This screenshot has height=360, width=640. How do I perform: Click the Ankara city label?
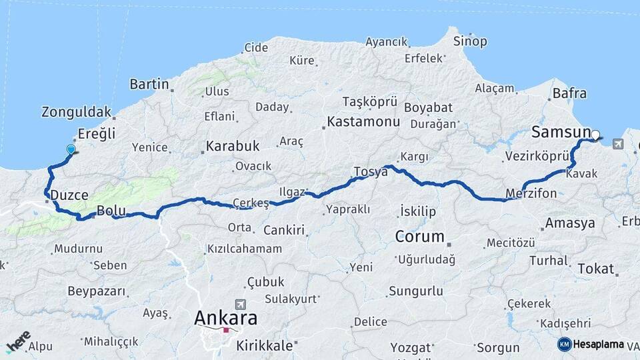(x=225, y=317)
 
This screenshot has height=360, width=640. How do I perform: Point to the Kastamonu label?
(x=363, y=122)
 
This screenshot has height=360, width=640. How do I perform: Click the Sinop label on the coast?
(x=470, y=41)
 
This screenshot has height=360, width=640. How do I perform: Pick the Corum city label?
(x=419, y=236)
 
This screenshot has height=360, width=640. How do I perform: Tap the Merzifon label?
(x=531, y=193)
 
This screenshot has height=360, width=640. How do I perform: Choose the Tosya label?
(x=371, y=171)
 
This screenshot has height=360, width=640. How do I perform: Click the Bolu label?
(x=111, y=211)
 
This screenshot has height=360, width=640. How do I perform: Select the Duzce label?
(x=69, y=195)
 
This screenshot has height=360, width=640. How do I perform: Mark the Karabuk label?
(x=231, y=145)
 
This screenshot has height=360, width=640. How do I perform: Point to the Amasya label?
(x=569, y=223)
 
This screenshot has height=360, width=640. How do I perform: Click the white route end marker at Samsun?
(x=595, y=135)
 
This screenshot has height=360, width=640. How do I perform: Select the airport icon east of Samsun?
(x=617, y=143)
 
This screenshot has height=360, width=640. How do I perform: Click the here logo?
(x=18, y=341)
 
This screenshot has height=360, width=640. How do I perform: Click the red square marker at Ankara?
(x=226, y=329)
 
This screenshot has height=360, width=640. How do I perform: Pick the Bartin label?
(x=149, y=84)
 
